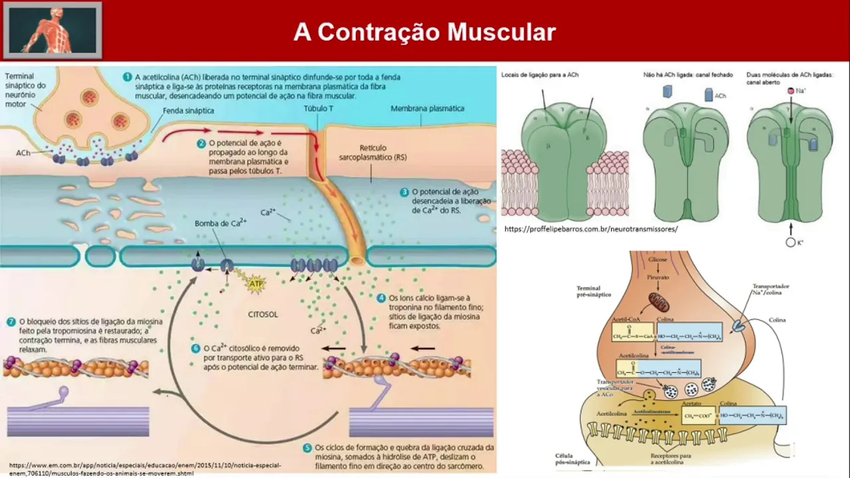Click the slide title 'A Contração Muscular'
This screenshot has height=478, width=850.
[424, 32]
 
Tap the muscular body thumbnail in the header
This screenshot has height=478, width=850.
[52, 30]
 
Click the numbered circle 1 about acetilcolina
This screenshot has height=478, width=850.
[127, 76]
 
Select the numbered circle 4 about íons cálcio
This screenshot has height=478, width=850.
[381, 298]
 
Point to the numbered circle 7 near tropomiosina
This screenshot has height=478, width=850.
[11, 321]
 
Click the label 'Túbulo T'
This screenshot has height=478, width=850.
[318, 108]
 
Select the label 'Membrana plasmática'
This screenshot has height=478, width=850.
[427, 108]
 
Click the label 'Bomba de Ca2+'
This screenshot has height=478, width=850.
[220, 223]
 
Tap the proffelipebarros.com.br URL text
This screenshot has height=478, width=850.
[591, 229]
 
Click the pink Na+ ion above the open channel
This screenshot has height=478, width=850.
[791, 90]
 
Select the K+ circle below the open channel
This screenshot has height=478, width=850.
[790, 243]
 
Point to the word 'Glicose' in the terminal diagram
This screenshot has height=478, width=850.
[658, 260]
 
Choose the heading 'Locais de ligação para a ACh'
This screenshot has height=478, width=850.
[540, 75]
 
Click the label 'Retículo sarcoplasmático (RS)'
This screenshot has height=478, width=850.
[382, 152]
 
